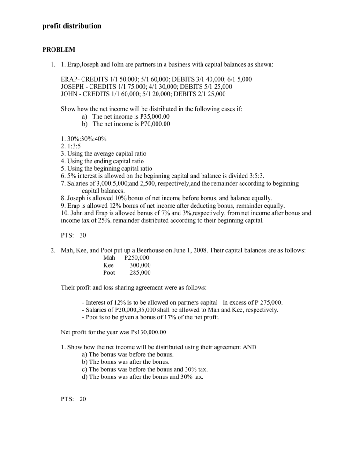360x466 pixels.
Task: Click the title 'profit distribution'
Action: point(71,26)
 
